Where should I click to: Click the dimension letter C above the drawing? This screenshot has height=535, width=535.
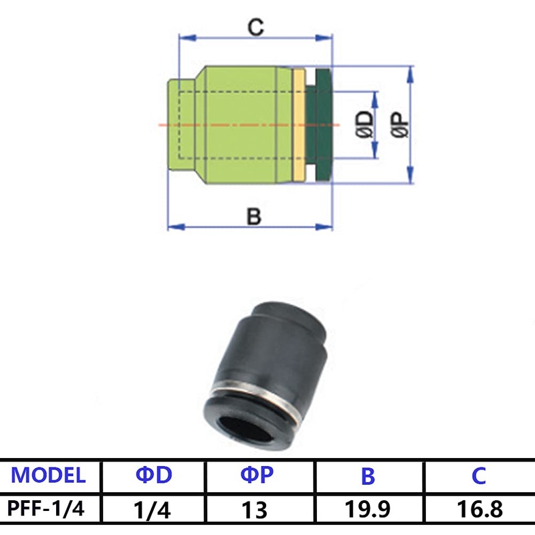click(x=255, y=27)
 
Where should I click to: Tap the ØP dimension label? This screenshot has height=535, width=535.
click(x=401, y=125)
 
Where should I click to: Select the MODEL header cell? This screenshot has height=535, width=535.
click(x=49, y=475)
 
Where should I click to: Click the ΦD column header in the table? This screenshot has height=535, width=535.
click(x=154, y=475)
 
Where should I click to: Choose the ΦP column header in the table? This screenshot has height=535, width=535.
click(x=258, y=475)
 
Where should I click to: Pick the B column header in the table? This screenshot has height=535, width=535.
click(x=368, y=475)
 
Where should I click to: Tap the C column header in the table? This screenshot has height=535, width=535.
click(x=478, y=475)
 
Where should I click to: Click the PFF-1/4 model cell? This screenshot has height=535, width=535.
click(x=49, y=510)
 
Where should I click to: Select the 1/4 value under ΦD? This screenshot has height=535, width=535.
click(x=154, y=510)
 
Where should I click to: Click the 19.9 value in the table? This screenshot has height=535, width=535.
click(x=368, y=510)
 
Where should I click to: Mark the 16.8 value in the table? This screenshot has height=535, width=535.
click(x=478, y=510)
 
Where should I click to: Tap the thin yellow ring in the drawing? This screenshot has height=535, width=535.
click(x=298, y=125)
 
